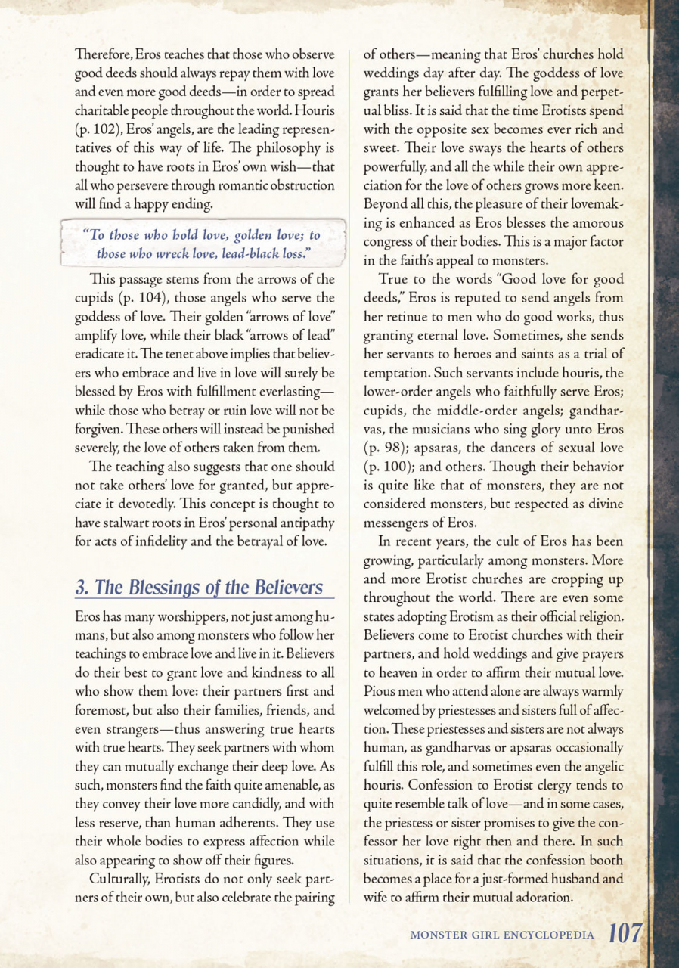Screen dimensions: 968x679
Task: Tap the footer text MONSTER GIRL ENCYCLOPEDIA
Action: pos(501,935)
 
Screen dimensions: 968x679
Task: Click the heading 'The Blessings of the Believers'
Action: pos(200,588)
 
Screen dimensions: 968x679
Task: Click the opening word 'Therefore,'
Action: pos(104,55)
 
